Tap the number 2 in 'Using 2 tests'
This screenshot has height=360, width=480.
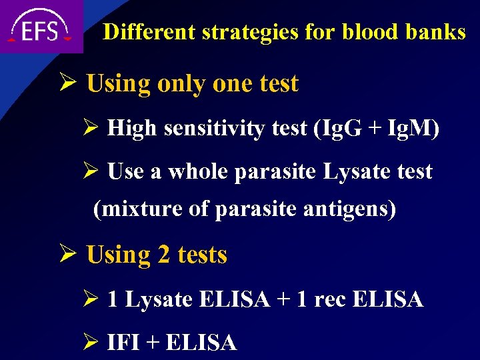(x=162, y=255)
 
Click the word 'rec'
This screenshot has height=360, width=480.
(x=329, y=300)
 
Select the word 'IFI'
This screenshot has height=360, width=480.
(x=122, y=343)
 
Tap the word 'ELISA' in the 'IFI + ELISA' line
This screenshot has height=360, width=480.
(x=200, y=343)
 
